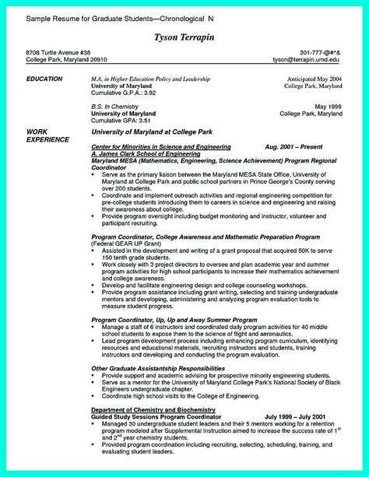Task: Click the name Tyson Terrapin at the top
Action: [x=184, y=38]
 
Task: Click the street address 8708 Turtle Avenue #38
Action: [x=51, y=51]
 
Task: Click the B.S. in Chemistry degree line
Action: [x=116, y=107]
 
